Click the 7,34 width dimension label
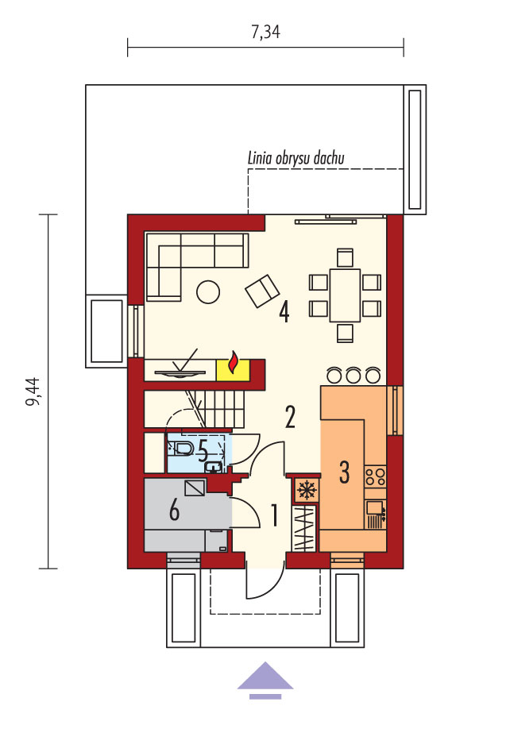pos(265,32)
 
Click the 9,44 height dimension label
pos(33,392)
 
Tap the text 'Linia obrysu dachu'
pos(296,158)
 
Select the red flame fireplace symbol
pos(234,363)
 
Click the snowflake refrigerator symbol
pos(306,489)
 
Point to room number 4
pos(284,313)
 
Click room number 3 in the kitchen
pos(344,472)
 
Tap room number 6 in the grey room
pos(175,511)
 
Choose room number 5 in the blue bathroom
pos(203,450)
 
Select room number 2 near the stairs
pos(290,416)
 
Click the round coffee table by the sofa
pos(208,291)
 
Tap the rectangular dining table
pos(345,295)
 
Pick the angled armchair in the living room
pos(262,291)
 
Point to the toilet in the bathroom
pos(182,449)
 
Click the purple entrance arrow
pos(265,679)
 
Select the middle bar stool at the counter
pos(354,375)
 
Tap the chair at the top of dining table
pos(345,257)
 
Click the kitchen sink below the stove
pos(376,515)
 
